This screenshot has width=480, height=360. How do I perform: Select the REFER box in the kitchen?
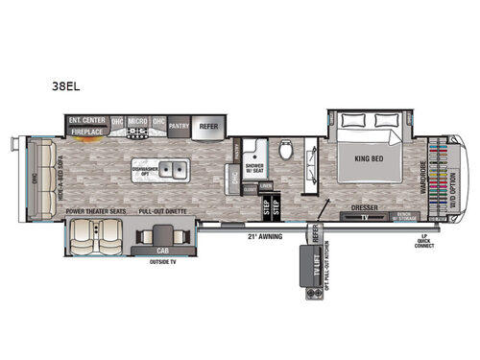[209, 126]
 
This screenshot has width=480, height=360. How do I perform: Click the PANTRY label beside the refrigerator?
[179, 126]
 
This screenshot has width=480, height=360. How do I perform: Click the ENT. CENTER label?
[86, 122]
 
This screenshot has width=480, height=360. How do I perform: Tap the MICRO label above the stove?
[136, 122]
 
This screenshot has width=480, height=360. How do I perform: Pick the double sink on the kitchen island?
[173, 172]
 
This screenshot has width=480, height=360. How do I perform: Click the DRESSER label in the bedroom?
[363, 206]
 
